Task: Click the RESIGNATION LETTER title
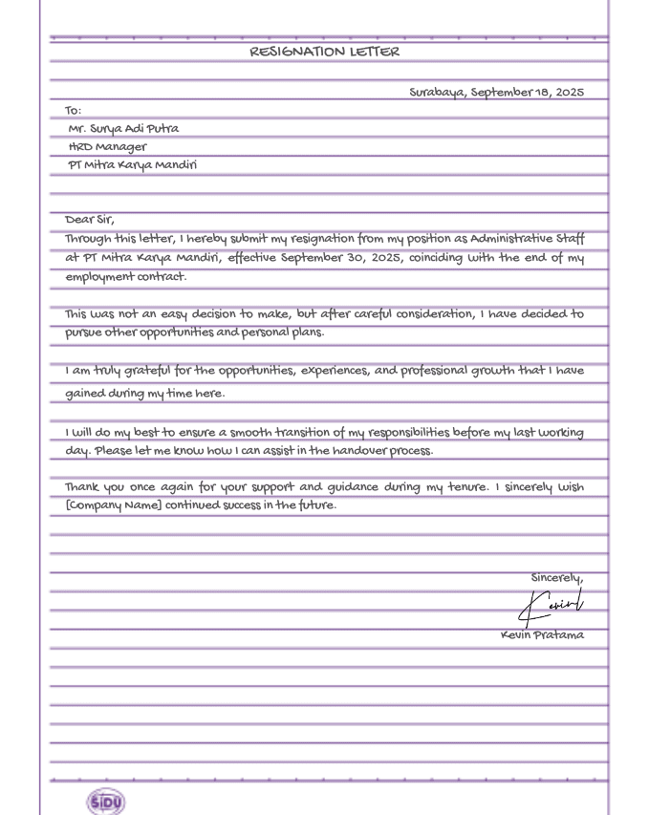pyautogui.click(x=324, y=52)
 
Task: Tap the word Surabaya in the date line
pyautogui.click(x=437, y=93)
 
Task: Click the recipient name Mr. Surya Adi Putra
pyautogui.click(x=123, y=128)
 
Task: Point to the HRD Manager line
pyautogui.click(x=108, y=147)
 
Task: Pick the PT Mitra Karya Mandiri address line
pyautogui.click(x=132, y=165)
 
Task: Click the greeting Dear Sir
pyautogui.click(x=90, y=220)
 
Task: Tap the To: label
pyautogui.click(x=74, y=111)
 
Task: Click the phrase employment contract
pyautogui.click(x=126, y=277)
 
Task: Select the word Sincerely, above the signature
pyautogui.click(x=557, y=578)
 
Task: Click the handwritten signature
pyautogui.click(x=552, y=605)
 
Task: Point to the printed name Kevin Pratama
pyautogui.click(x=542, y=635)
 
